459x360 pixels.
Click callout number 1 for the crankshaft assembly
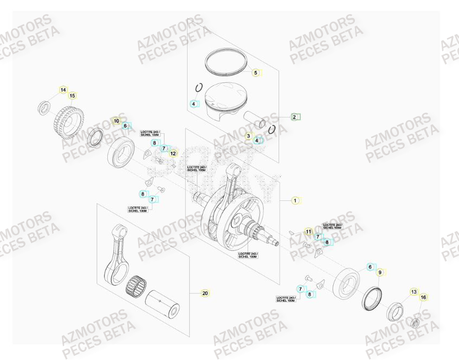pyautogui.click(x=295, y=200)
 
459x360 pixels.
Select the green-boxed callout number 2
pyautogui.click(x=295, y=116)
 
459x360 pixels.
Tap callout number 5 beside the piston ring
pyautogui.click(x=256, y=72)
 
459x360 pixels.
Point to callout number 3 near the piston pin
pyautogui.click(x=249, y=136)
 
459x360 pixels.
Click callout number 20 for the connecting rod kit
pyautogui.click(x=205, y=293)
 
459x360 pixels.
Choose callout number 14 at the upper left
pyautogui.click(x=63, y=89)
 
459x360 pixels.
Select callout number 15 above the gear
pyautogui.click(x=72, y=96)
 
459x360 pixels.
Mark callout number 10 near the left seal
pyautogui.click(x=116, y=120)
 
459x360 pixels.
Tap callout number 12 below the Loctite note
pyautogui.click(x=173, y=154)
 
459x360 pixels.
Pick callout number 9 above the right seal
pyautogui.click(x=380, y=272)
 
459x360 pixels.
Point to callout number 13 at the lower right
pyautogui.click(x=413, y=292)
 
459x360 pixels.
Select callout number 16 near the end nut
pyautogui.click(x=424, y=297)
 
